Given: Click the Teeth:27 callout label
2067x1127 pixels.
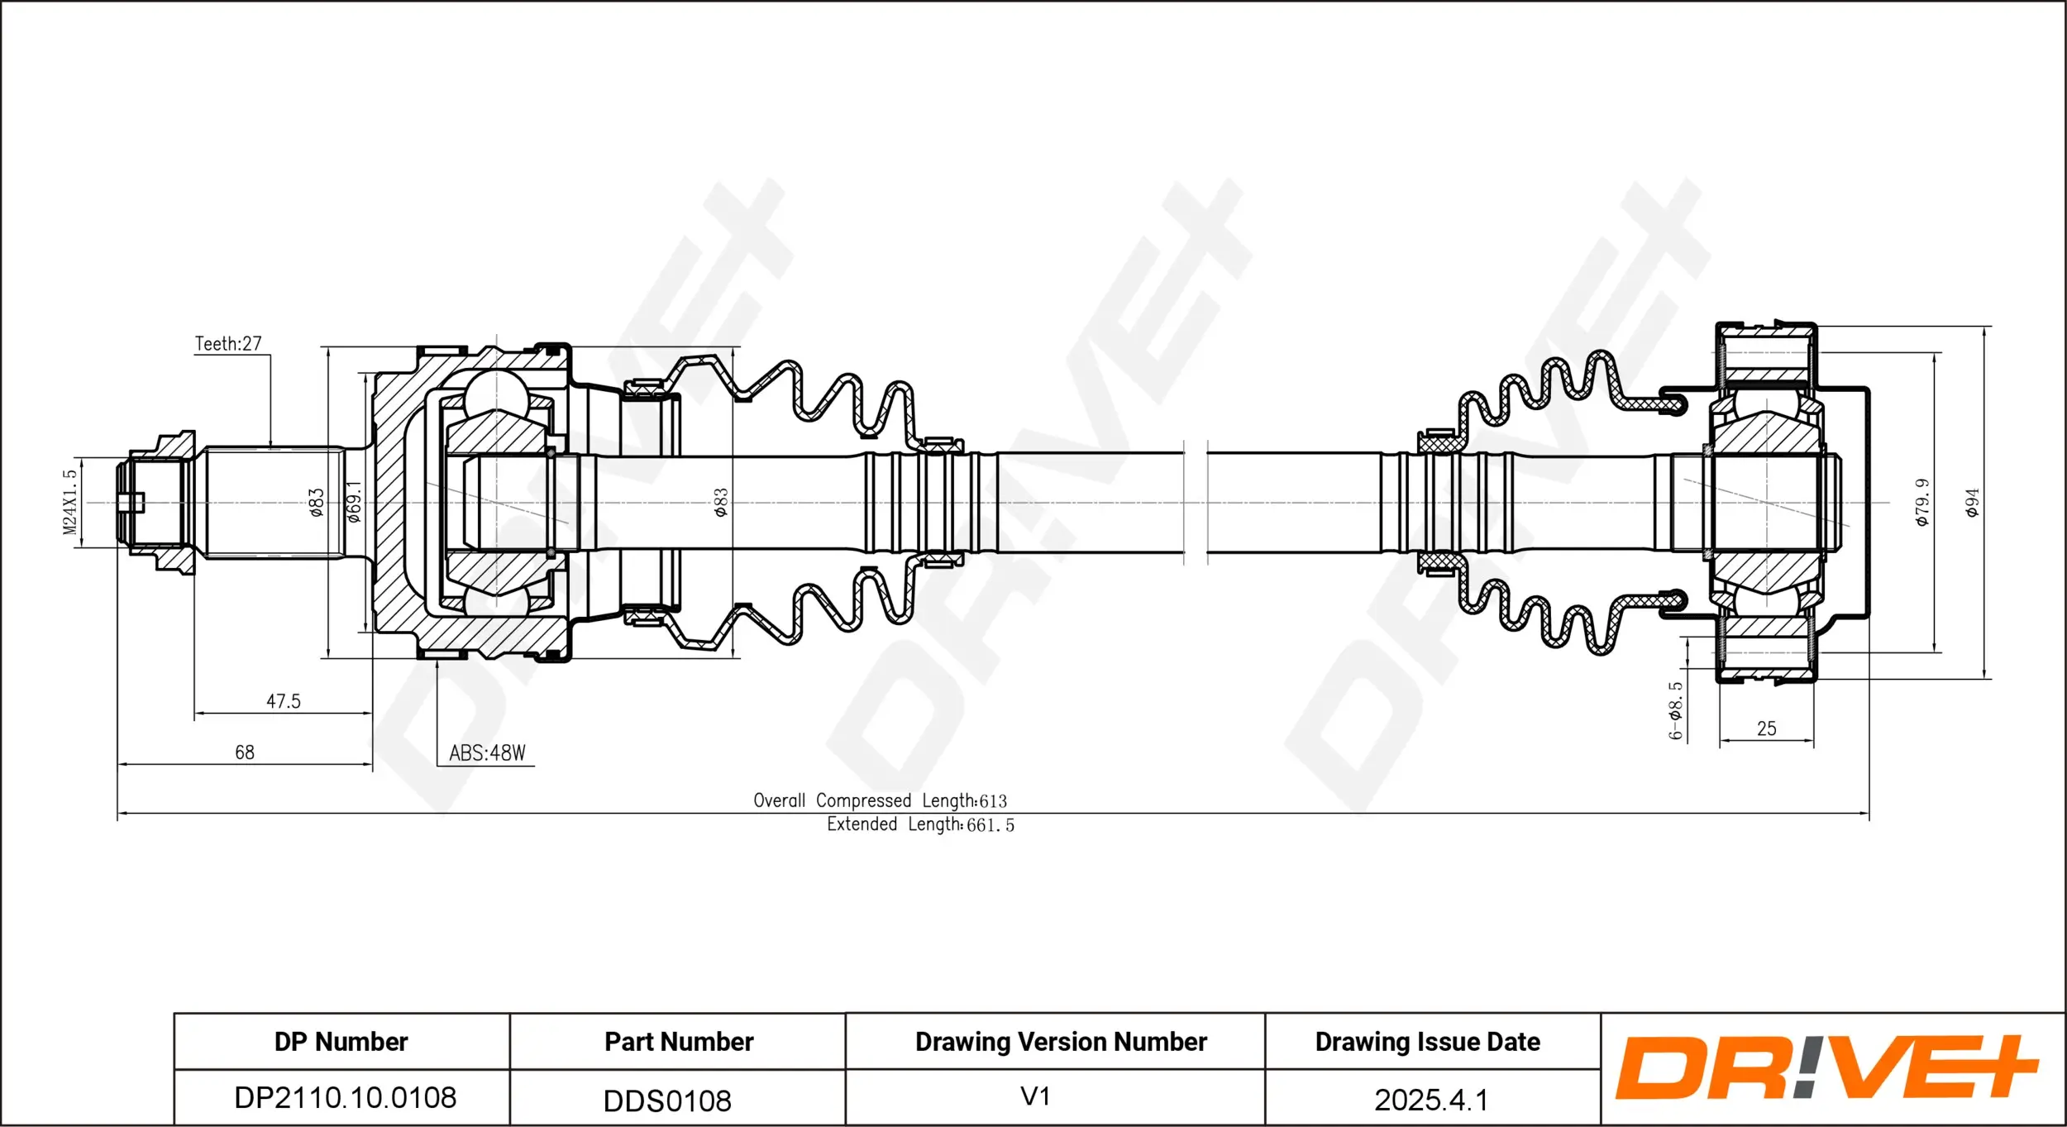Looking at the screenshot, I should pos(228,343).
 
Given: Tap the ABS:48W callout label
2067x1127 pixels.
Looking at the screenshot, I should pos(487,752).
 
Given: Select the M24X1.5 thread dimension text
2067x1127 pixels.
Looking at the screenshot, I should pos(70,502).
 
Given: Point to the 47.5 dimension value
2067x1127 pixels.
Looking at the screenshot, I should pos(284,701).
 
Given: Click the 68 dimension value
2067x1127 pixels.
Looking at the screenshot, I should pos(245,752).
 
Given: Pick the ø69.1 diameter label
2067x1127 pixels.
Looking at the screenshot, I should pos(354,502).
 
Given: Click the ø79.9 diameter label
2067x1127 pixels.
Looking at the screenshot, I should pos(1922,502).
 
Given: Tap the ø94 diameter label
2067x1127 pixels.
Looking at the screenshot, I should pos(1973,502).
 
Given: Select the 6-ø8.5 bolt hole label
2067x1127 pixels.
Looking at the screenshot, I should pos(1675,710).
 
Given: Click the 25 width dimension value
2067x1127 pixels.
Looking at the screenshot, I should pos(1767,728).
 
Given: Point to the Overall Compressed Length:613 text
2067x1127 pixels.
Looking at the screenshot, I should pos(880,800).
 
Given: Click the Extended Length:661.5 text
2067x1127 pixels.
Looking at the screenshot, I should pos(920,824).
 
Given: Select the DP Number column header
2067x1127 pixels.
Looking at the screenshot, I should pos(341,1042).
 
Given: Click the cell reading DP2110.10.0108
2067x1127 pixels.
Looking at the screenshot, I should pos(346,1098).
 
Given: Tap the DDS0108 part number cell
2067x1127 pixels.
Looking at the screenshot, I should pos(667,1101).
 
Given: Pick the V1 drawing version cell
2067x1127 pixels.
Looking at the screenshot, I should pos(1035,1096).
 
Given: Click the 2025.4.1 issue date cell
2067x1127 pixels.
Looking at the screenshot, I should pos(1430,1100).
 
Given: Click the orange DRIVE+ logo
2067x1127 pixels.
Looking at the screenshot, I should pos(1827,1067).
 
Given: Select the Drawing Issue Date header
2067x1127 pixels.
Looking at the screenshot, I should pos(1428,1042).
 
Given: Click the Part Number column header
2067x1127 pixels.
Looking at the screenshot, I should pos(679,1042).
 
